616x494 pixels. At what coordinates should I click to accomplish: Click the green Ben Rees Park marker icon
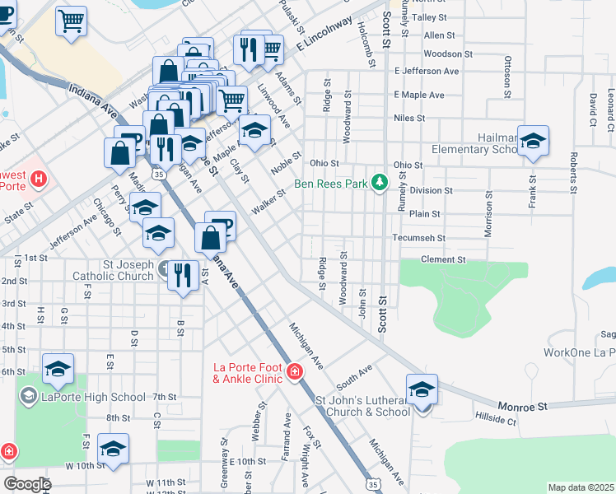point(379,182)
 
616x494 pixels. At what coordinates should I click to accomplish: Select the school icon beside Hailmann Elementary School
point(534,142)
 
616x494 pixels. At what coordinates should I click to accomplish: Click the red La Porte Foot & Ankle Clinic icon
point(294,373)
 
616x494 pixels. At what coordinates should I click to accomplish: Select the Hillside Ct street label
point(495,421)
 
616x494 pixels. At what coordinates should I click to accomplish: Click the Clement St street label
point(443,259)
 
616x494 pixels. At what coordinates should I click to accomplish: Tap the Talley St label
point(428,16)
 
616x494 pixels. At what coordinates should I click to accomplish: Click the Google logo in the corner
point(27,484)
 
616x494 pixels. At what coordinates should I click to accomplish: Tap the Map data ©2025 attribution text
point(581,487)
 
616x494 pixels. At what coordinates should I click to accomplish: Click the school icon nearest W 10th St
point(113,449)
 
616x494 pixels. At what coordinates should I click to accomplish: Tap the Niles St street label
point(409,118)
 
